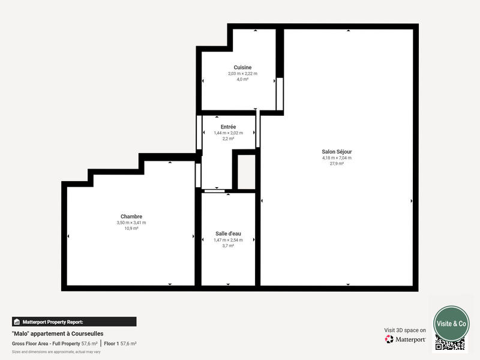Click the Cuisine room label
242,67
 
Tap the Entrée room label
228,127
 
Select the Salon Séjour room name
337,152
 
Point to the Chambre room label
131,217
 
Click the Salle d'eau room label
228,234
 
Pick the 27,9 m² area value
337,163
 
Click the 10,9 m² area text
131,229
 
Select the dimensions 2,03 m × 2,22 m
242,73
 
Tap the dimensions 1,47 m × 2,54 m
228,240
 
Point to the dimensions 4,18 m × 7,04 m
337,158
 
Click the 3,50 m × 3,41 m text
131,223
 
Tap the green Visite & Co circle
451,323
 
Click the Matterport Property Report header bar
74,322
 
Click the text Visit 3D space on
405,330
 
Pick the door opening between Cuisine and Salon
280,94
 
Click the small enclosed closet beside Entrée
245,173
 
